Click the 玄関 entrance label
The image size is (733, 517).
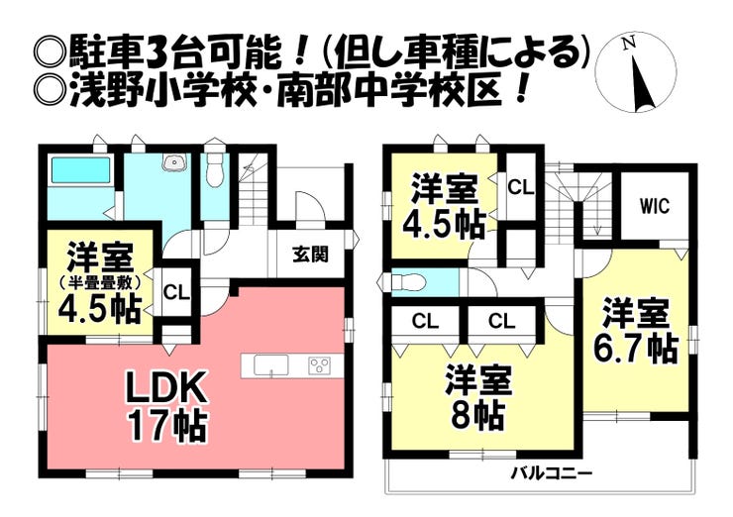click(310, 255)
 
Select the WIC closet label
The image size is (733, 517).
click(655, 206)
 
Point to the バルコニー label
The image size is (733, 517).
click(551, 474)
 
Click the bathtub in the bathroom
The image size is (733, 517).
click(80, 170)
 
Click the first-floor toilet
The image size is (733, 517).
click(215, 170)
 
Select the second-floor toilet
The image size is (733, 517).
click(404, 282)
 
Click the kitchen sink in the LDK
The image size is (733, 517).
click(271, 365)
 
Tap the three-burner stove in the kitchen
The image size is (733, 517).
click(319, 364)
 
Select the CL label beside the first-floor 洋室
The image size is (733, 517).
click(176, 293)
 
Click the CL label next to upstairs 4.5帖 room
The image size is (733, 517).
click(521, 187)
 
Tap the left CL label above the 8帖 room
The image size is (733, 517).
click(425, 321)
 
